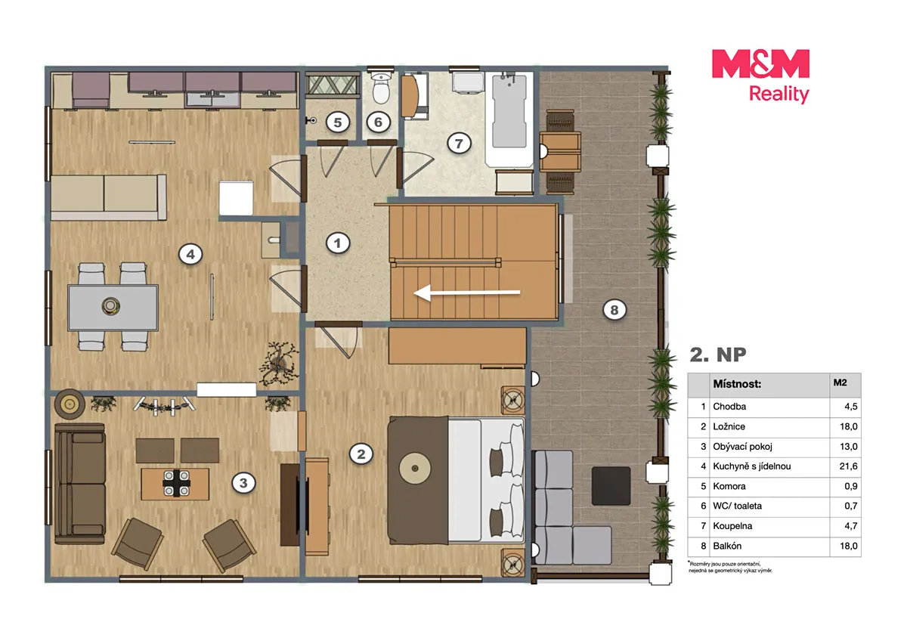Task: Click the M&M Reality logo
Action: pyautogui.click(x=760, y=76)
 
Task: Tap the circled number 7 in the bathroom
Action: pyautogui.click(x=459, y=144)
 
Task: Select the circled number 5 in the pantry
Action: pyautogui.click(x=337, y=122)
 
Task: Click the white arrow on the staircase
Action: pyautogui.click(x=467, y=293)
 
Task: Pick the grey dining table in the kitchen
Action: pyautogui.click(x=113, y=308)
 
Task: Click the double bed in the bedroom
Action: pyautogui.click(x=456, y=481)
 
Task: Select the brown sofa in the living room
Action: pyautogui.click(x=80, y=484)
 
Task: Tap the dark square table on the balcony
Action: pyautogui.click(x=611, y=486)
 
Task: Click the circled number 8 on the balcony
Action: pyautogui.click(x=614, y=310)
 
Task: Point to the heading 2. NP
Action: pyautogui.click(x=718, y=355)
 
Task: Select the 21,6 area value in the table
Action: pyautogui.click(x=848, y=466)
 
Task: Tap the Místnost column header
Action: pyautogui.click(x=737, y=384)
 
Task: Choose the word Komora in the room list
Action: pyautogui.click(x=729, y=486)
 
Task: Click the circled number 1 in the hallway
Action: pyautogui.click(x=337, y=243)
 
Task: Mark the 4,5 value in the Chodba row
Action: pyautogui.click(x=851, y=407)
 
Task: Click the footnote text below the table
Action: pyautogui.click(x=730, y=567)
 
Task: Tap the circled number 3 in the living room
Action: pyautogui.click(x=243, y=483)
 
